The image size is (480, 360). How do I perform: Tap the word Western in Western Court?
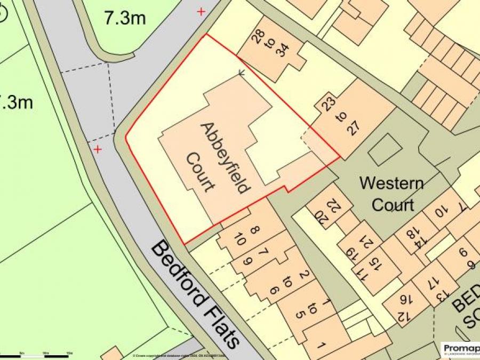tap(391, 184)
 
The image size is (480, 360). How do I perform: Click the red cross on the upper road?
tap(201, 11)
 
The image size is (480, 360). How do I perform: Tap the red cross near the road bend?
tap(98, 149)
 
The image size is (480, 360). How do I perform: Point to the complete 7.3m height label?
tap(125, 18)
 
